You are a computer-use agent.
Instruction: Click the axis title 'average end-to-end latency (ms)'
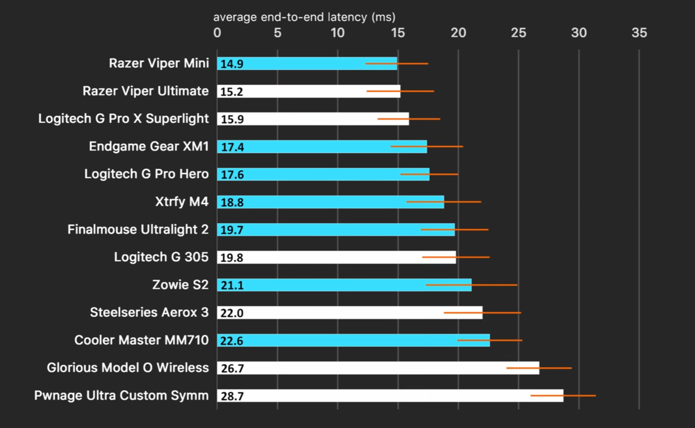tap(304, 17)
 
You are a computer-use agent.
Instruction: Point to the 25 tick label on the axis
tap(519, 33)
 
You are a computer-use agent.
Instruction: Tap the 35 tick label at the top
tap(639, 33)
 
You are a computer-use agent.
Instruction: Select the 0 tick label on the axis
tap(217, 33)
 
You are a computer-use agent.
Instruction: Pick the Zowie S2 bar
tap(344, 285)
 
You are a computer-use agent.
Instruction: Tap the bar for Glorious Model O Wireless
tap(378, 368)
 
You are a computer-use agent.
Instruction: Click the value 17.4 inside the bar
tap(232, 147)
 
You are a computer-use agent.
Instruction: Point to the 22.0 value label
tap(232, 313)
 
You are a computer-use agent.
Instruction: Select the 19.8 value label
tap(232, 258)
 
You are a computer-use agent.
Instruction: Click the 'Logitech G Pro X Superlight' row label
tap(124, 119)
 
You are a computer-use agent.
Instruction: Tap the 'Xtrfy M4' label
tap(182, 202)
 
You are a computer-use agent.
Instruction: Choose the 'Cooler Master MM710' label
tap(142, 340)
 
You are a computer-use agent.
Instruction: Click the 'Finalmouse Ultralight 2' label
tap(138, 230)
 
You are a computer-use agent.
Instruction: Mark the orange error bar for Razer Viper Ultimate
tap(400, 91)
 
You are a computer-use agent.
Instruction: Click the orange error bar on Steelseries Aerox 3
tap(482, 313)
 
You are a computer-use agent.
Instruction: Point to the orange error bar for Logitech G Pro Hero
tap(429, 174)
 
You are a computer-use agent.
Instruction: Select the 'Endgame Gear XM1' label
tap(149, 147)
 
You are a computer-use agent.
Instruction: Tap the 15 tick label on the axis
tap(398, 33)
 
